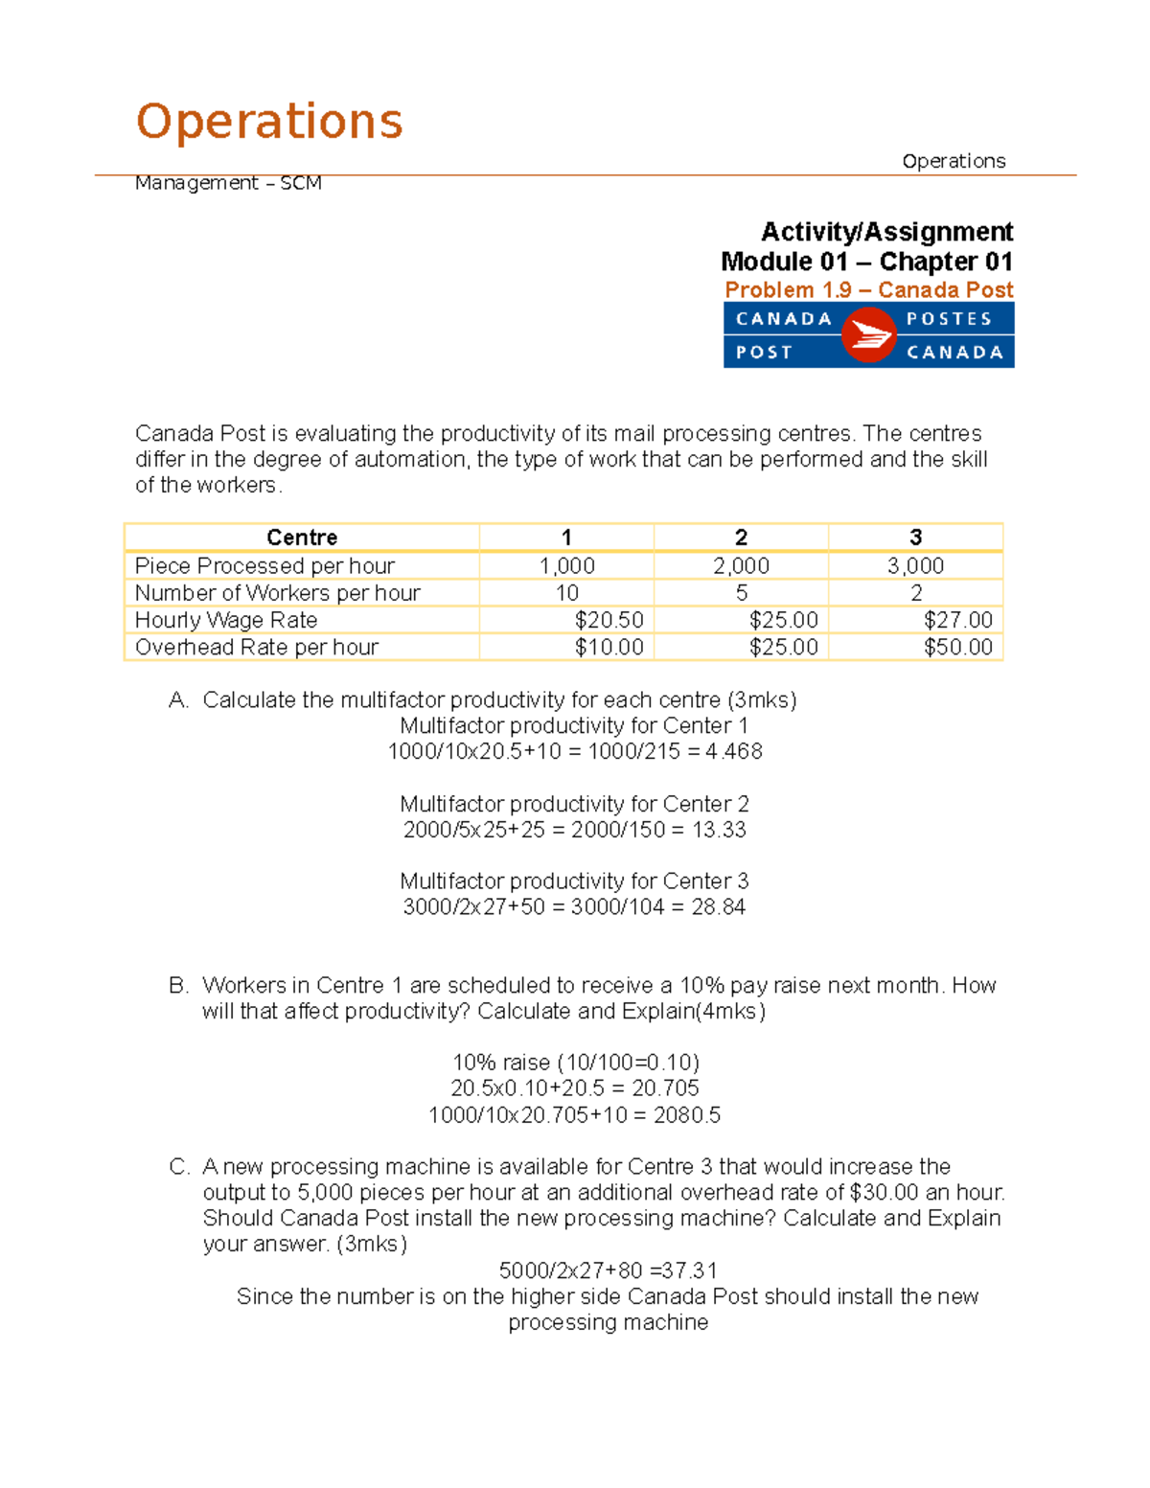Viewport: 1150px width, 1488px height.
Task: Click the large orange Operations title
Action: (269, 122)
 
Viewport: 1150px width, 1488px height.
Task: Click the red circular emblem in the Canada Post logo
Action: (868, 335)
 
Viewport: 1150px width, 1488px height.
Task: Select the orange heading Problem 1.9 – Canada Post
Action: (868, 289)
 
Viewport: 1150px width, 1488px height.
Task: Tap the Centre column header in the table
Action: (302, 538)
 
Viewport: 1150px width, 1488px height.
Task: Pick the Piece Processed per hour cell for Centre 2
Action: (741, 566)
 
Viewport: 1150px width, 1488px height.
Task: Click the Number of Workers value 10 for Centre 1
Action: (567, 593)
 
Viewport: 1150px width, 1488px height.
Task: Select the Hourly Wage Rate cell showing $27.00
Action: (957, 620)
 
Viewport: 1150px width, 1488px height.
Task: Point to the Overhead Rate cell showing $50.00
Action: (957, 647)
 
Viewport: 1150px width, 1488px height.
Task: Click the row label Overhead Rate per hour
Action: (257, 647)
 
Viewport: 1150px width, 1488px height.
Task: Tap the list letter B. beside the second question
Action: (178, 985)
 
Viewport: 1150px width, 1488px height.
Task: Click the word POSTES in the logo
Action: (949, 319)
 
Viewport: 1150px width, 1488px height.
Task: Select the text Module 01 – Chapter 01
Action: (866, 262)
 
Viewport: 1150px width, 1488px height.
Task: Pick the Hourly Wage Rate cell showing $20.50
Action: (609, 620)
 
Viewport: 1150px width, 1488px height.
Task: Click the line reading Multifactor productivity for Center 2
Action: (574, 804)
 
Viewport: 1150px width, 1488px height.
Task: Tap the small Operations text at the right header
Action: (954, 161)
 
